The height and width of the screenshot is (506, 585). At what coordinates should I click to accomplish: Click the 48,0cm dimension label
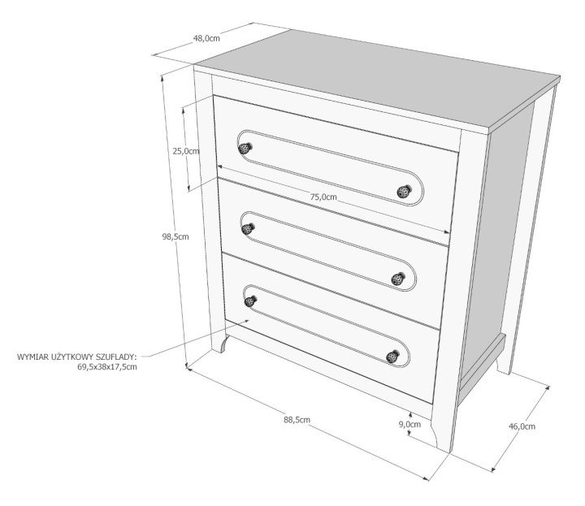click(x=206, y=38)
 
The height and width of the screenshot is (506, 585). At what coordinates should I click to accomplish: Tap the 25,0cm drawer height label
click(x=186, y=150)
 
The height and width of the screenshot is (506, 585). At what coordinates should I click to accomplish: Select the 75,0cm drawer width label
click(x=323, y=197)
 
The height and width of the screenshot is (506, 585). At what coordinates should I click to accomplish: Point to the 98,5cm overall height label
click(x=175, y=236)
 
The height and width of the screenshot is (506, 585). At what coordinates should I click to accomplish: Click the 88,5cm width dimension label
click(x=297, y=419)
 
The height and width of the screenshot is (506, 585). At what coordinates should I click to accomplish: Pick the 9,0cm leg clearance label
click(x=409, y=424)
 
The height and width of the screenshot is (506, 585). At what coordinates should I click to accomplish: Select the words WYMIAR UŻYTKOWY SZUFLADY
click(x=76, y=357)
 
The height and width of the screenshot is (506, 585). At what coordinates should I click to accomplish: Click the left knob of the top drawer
click(x=245, y=148)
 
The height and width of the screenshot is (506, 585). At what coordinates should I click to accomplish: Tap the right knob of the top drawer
click(x=404, y=192)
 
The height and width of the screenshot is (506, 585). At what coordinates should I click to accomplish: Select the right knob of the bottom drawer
click(x=393, y=357)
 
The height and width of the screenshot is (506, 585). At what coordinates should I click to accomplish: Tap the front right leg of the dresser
click(x=444, y=430)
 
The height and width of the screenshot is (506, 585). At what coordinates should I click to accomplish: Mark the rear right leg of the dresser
click(x=505, y=357)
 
